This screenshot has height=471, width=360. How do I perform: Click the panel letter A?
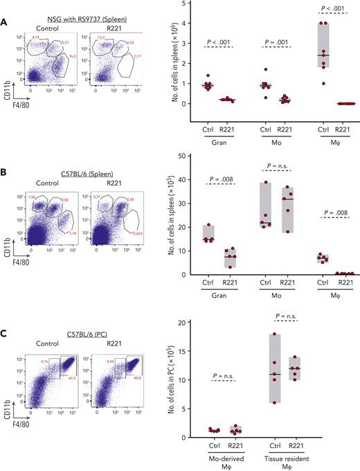[6, 22]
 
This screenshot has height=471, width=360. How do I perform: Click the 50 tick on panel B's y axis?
[206, 155]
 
